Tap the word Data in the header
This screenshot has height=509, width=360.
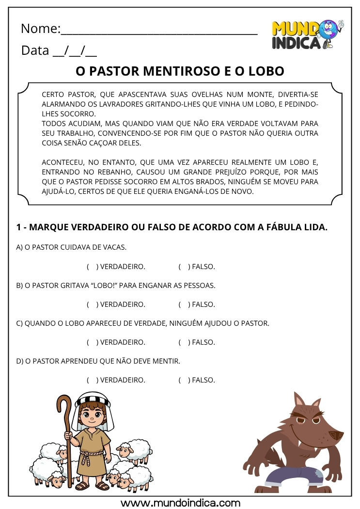coord(35,50)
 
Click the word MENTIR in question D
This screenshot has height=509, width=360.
coord(167,361)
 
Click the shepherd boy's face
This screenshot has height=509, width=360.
coord(92,414)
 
